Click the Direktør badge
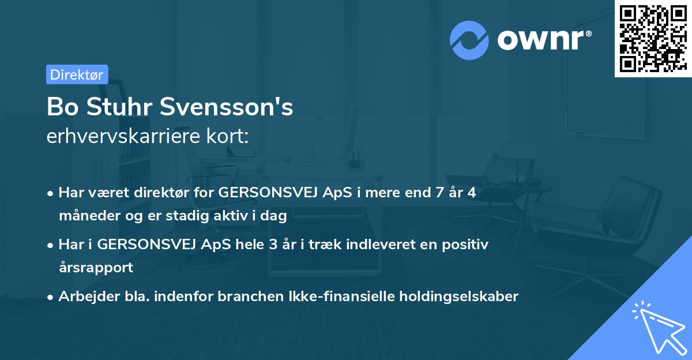[x=77, y=74]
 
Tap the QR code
[x=653, y=39]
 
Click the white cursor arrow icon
[x=658, y=326]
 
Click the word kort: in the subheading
[x=231, y=136]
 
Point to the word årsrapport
[x=96, y=268]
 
